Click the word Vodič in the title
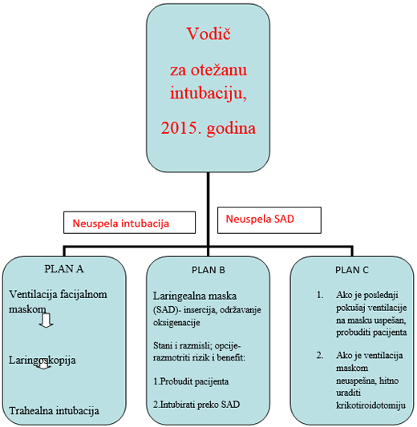(x=208, y=34)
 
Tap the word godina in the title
(x=231, y=129)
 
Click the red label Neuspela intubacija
(x=121, y=224)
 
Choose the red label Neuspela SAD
(x=260, y=219)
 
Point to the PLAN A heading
(x=64, y=269)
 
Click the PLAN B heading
(x=208, y=270)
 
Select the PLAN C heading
(x=352, y=270)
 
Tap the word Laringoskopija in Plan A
(x=43, y=361)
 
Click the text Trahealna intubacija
(x=55, y=411)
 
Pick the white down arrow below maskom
(x=46, y=320)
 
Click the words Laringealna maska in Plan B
(x=195, y=296)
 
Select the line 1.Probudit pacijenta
(x=191, y=382)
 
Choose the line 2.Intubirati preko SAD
(x=196, y=405)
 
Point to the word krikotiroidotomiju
(x=370, y=405)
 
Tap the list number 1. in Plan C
(x=320, y=295)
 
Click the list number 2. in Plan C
(x=320, y=356)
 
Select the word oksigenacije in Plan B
(x=176, y=323)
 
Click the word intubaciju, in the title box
(x=208, y=94)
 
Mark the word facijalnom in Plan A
(x=83, y=295)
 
